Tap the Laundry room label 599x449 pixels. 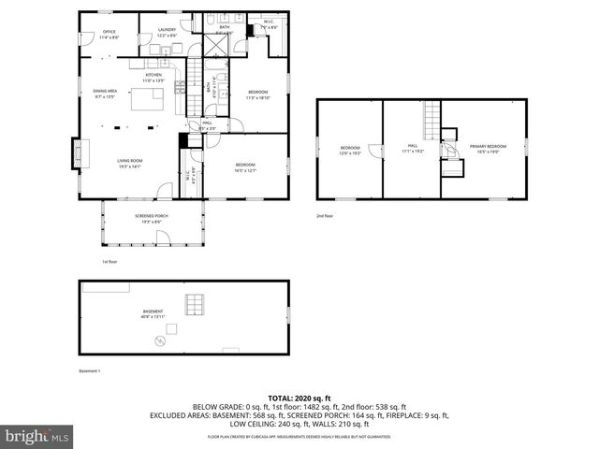[168, 32]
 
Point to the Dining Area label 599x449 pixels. [104, 94]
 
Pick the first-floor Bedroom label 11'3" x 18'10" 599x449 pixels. [258, 94]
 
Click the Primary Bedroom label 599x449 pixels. [489, 148]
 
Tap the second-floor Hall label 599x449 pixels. [413, 148]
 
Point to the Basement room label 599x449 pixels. [153, 313]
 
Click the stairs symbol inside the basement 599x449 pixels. [194, 304]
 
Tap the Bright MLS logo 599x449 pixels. [36, 436]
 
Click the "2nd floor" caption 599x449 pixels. [324, 215]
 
